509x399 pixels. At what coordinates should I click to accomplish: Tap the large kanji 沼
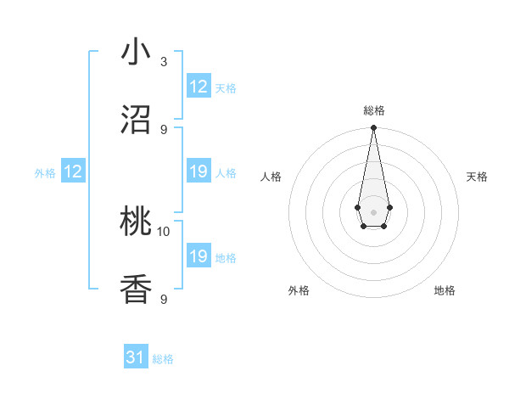137,119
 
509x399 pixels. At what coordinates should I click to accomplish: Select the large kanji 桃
137,222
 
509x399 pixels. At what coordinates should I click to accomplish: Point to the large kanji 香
137,290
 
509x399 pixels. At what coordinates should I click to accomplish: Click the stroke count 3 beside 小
164,62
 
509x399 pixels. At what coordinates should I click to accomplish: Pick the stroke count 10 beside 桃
164,231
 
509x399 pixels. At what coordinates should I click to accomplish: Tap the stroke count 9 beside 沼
164,129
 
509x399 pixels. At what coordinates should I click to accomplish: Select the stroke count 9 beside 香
164,299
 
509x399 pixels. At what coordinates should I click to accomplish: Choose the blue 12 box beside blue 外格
73,172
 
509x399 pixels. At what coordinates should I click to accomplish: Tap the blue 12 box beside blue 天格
199,87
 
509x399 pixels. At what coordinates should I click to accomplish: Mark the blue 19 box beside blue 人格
199,172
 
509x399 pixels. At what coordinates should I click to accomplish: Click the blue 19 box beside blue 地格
199,256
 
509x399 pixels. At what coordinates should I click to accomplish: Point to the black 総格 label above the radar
373,110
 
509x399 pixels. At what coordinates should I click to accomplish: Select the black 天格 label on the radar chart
477,177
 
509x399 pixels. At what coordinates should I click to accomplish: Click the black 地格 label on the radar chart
445,290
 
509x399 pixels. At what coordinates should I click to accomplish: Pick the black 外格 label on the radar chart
299,290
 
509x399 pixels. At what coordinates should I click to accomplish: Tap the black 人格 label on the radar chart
271,177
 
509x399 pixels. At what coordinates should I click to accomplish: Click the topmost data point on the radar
373,128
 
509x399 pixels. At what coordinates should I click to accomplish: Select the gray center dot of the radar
373,211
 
